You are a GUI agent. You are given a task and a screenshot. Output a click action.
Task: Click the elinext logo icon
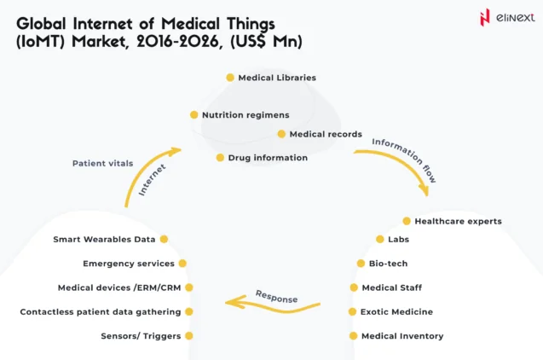tap(485, 17)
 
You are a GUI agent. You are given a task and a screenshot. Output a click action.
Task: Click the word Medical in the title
tap(190, 24)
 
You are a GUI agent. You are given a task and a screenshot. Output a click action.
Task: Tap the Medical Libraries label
tap(277, 78)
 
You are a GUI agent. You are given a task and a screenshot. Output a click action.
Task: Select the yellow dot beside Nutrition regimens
tap(194, 114)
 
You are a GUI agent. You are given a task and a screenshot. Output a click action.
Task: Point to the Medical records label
tap(326, 134)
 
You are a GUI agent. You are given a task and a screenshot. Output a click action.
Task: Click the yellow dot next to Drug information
tap(220, 158)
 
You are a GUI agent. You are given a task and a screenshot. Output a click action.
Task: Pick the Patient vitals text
tap(102, 163)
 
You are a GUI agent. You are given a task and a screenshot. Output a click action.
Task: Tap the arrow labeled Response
tap(274, 307)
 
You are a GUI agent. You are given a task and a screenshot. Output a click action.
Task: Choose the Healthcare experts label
tap(458, 221)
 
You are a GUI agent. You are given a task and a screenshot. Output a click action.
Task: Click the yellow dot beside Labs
tap(380, 239)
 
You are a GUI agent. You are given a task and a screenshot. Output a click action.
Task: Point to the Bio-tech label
tap(388, 264)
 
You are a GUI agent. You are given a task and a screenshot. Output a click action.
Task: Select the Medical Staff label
tap(392, 287)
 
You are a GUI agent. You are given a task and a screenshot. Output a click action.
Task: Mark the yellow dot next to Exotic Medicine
tap(352, 312)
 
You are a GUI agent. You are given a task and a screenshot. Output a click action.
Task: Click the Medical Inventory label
tap(402, 336)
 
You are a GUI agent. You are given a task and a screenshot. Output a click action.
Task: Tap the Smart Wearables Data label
tap(104, 239)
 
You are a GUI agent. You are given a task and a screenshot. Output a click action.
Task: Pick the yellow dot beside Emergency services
tap(182, 264)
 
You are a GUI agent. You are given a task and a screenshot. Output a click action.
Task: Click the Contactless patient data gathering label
tap(101, 312)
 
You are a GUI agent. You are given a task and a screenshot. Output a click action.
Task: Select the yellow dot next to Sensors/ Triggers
tap(189, 336)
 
